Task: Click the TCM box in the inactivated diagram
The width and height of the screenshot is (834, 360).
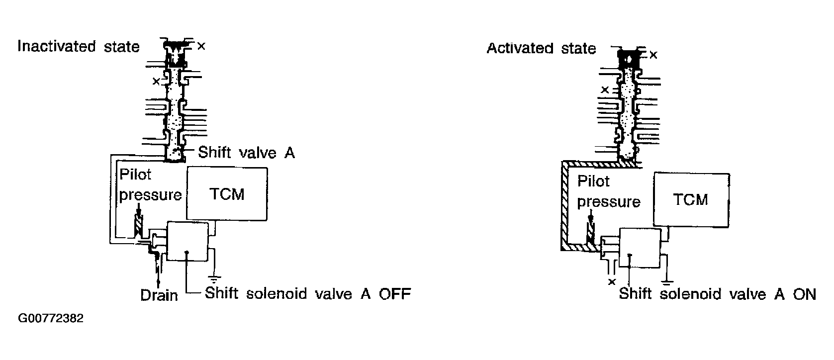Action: (x=227, y=193)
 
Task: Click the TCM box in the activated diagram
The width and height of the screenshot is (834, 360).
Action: (x=691, y=199)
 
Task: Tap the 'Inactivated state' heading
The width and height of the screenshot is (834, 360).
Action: (x=79, y=47)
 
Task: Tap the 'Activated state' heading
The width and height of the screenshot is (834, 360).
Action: (x=542, y=48)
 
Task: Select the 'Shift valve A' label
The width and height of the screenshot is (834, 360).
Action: (x=246, y=153)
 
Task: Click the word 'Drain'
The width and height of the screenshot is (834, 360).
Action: (x=159, y=295)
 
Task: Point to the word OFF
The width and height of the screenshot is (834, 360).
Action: (x=395, y=294)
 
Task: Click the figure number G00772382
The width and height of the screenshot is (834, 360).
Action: (x=51, y=318)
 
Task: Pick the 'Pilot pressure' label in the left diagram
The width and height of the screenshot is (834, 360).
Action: (x=150, y=184)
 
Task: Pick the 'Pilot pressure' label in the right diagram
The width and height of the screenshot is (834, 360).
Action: (x=609, y=191)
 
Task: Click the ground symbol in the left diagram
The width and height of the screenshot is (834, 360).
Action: (x=214, y=279)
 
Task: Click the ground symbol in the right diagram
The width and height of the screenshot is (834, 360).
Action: (x=667, y=282)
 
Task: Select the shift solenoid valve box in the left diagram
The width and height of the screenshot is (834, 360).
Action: (x=187, y=241)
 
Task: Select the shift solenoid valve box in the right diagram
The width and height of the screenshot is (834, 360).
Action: (x=640, y=248)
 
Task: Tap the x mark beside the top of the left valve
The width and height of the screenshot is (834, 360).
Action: (x=201, y=46)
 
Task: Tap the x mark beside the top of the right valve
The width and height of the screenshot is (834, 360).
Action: (x=653, y=55)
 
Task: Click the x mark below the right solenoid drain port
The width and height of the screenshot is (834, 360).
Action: (x=612, y=282)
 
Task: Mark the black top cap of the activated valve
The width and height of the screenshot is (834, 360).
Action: (x=629, y=59)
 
